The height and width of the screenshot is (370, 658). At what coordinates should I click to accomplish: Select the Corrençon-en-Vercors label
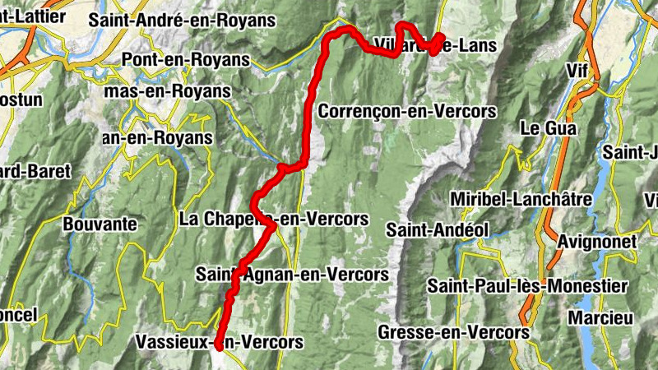click(x=408, y=110)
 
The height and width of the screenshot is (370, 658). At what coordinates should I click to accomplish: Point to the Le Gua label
click(x=549, y=129)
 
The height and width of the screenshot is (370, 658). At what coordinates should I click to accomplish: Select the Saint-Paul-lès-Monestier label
click(x=527, y=286)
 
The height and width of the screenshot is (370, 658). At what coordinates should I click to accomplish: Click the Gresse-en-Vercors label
click(x=453, y=331)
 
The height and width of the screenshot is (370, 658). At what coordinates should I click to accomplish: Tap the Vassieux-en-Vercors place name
click(x=218, y=341)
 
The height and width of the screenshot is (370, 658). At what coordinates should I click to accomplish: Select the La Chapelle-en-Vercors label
click(x=273, y=220)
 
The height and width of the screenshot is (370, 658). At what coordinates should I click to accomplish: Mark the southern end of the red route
click(x=219, y=348)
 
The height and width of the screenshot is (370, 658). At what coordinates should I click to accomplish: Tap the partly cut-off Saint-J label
click(x=630, y=152)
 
